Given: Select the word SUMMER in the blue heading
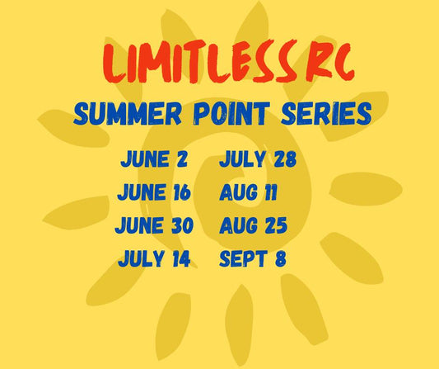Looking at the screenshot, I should [124, 115].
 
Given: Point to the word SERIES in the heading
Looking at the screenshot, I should [326, 115].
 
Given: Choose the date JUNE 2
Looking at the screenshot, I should [154, 159].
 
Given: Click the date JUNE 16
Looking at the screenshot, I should [155, 192].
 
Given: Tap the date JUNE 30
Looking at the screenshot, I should [155, 225].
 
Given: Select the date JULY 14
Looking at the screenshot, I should [155, 259].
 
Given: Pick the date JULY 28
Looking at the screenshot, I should [258, 159].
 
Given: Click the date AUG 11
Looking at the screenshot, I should [249, 193].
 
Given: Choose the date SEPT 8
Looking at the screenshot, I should [253, 259].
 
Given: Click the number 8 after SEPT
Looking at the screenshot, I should [280, 259].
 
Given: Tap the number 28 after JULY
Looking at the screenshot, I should [283, 159].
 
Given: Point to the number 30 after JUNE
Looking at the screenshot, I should [180, 225].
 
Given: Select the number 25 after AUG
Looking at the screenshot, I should [275, 225].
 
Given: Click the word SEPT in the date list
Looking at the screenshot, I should [241, 259].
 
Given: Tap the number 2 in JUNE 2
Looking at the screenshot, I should [181, 159].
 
